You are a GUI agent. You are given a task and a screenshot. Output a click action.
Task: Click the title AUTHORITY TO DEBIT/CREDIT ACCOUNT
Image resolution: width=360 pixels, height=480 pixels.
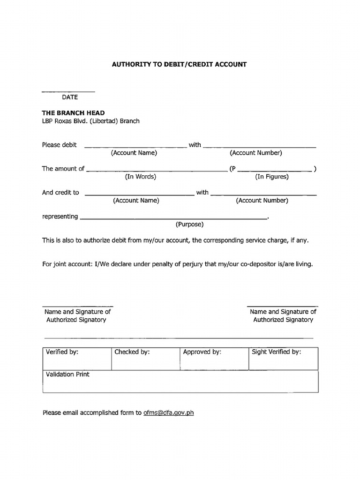point(179,64)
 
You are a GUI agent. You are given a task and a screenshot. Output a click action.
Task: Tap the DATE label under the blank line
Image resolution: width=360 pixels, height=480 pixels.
point(70,97)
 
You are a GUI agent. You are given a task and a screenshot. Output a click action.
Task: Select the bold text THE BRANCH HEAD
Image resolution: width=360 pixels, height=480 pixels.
point(73,113)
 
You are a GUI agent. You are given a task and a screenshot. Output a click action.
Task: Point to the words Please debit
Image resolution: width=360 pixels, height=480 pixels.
point(59,145)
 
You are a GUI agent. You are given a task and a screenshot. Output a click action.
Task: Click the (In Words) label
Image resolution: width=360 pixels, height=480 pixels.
point(140,177)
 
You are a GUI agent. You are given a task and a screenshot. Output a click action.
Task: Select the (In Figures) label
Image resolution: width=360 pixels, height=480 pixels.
point(271,177)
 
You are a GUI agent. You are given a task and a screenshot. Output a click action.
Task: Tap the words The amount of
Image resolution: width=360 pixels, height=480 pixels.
point(63,169)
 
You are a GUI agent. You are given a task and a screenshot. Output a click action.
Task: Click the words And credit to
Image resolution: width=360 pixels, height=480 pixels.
point(60,192)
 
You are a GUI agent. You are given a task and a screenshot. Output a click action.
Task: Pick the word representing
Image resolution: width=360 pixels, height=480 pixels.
point(60,216)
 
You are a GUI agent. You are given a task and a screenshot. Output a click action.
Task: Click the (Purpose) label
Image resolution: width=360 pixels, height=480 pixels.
point(189,224)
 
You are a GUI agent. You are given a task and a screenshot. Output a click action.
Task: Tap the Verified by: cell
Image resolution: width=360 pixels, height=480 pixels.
point(77,359)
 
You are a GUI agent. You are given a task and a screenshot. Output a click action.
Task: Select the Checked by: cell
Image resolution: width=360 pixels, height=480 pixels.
point(145,359)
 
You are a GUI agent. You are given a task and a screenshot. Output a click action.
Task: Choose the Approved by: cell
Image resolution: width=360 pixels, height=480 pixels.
point(214,359)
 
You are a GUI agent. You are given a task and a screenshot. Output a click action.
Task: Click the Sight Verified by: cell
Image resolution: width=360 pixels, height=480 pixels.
point(283,359)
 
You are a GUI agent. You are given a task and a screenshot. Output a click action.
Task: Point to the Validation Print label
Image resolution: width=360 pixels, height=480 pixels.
point(67,375)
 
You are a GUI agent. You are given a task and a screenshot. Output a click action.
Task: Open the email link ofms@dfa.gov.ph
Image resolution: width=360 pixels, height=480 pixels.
point(168,413)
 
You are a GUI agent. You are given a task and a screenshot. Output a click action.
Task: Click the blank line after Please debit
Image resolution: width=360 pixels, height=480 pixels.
point(135,147)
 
